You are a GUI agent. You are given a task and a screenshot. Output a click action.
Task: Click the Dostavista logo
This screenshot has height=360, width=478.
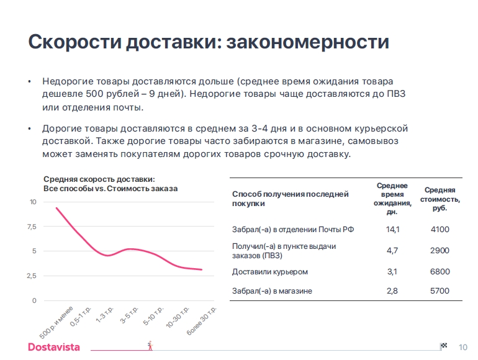pos(54,347)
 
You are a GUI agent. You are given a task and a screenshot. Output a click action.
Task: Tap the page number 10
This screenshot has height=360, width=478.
pos(462,347)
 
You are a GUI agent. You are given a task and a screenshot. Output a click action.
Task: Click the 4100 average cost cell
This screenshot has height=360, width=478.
pos(440,230)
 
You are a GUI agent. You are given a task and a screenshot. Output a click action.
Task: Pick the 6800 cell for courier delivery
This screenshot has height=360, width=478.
pos(440,272)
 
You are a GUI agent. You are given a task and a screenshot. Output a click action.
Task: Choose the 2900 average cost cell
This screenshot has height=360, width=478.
pos(440,251)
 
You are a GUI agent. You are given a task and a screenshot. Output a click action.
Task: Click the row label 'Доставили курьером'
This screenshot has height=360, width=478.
pos(270,272)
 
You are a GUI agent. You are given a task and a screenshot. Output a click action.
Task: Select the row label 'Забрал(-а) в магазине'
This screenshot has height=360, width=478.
pos(272,290)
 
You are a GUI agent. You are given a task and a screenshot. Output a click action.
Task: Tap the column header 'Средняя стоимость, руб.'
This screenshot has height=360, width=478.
pos(440,199)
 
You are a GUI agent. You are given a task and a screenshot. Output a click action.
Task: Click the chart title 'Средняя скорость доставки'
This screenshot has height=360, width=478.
pos(99,179)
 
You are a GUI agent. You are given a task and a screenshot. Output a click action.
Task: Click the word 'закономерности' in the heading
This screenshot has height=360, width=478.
pos(308,43)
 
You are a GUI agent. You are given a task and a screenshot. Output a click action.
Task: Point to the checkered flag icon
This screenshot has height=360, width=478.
pos(443,346)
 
